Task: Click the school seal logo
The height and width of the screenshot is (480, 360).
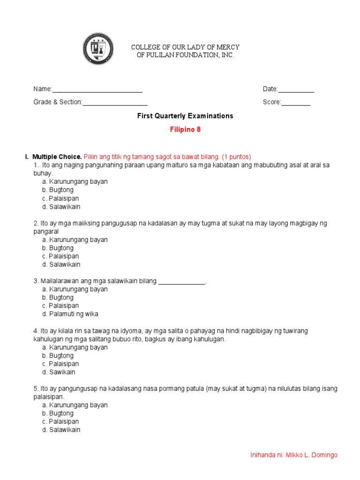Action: [98, 49]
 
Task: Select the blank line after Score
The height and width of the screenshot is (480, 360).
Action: [295, 103]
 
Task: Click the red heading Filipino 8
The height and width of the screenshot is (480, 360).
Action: [185, 130]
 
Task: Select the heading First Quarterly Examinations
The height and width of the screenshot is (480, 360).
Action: [185, 116]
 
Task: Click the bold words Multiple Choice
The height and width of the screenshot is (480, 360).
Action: [57, 157]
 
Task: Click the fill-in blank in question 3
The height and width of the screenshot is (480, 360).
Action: [182, 281]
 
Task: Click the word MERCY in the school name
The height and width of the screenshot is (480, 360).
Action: [229, 47]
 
